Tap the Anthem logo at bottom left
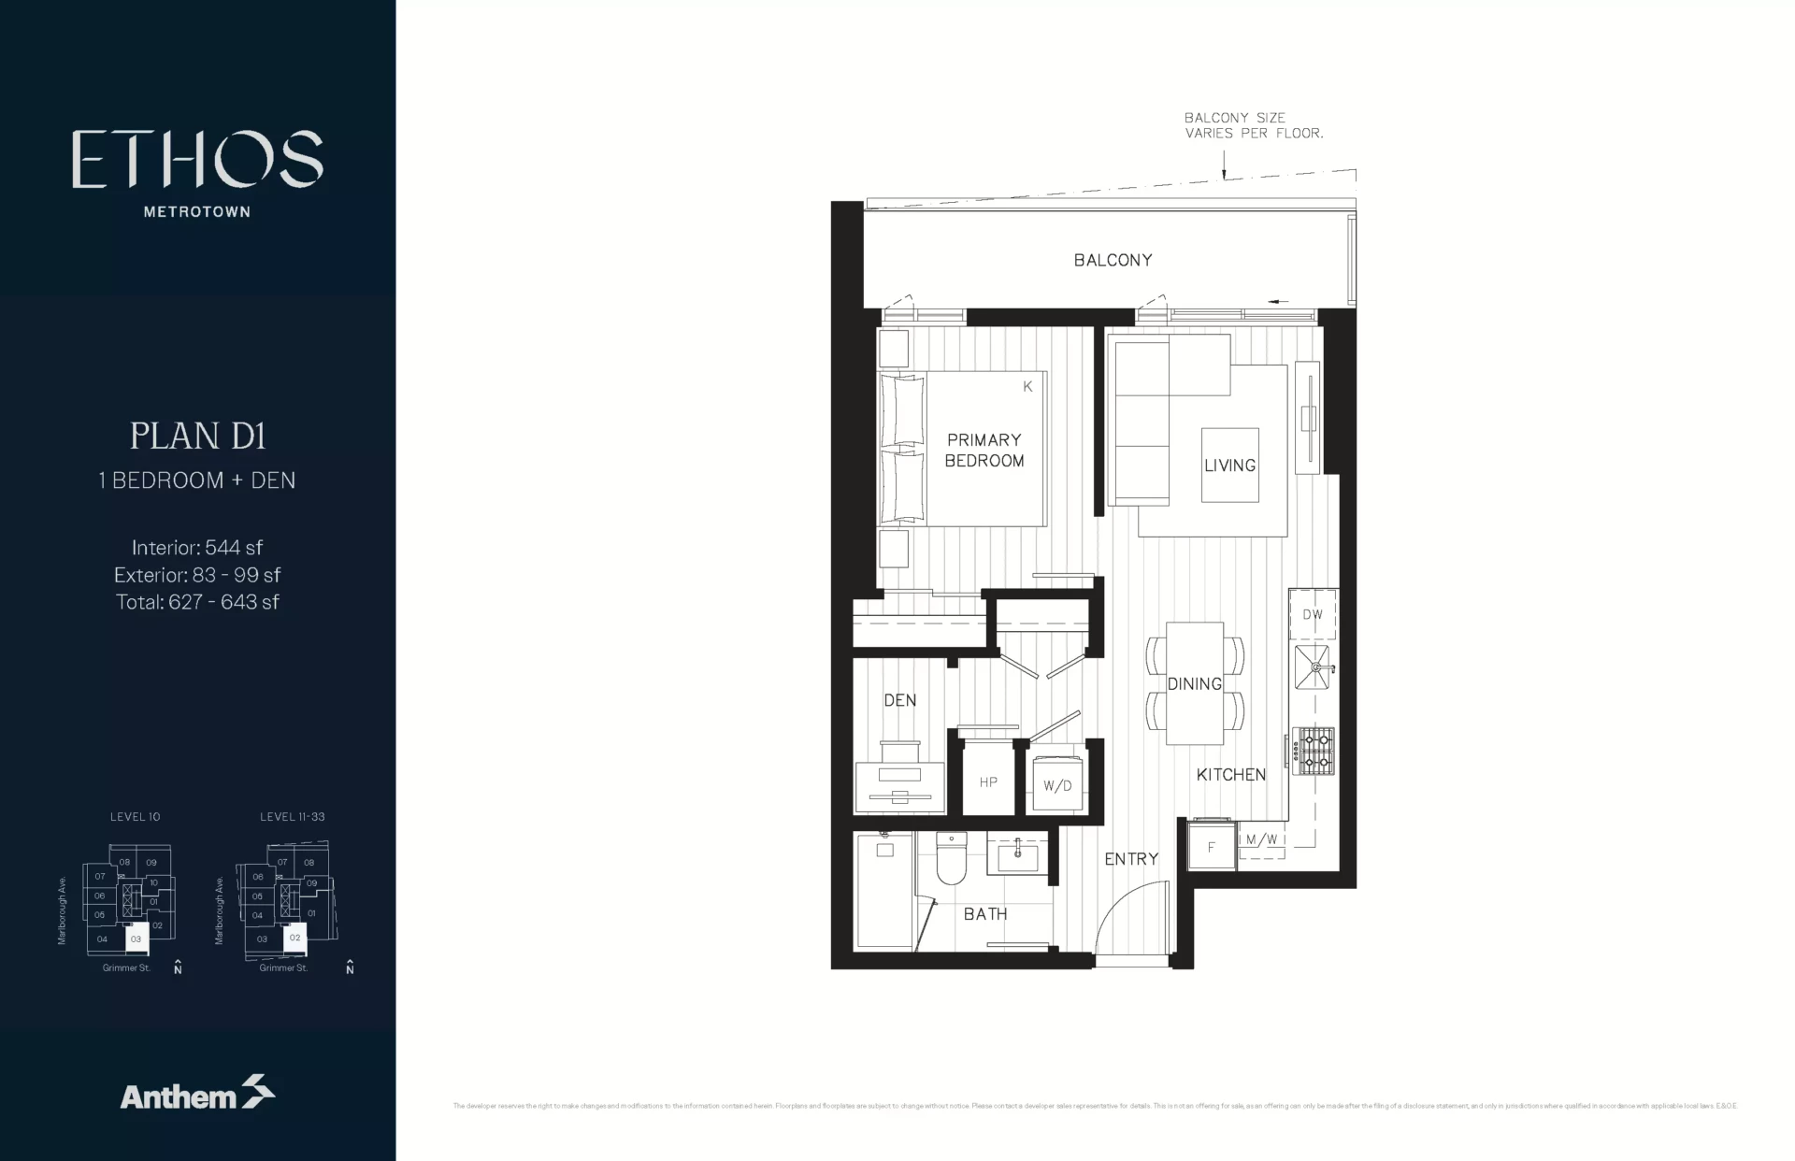click(197, 1094)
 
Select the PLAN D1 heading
click(197, 437)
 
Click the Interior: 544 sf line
click(197, 548)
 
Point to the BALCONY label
click(1113, 260)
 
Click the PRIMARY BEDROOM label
click(984, 450)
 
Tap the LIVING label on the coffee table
click(1229, 466)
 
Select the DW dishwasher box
click(1313, 615)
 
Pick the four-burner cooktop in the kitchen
click(1313, 751)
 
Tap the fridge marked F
click(1212, 847)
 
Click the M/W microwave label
click(1261, 839)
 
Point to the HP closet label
click(988, 782)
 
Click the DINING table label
click(1194, 684)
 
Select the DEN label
click(899, 700)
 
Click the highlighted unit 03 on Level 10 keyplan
click(136, 939)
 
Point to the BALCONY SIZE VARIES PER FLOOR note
click(1253, 125)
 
